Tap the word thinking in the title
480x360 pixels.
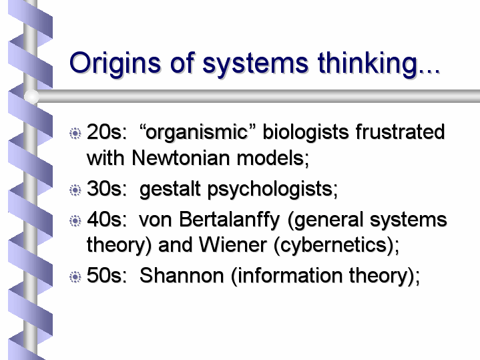pos(368,63)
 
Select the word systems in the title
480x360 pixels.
pos(255,64)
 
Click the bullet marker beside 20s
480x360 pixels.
pos(75,134)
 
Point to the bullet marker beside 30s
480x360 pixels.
pos(75,190)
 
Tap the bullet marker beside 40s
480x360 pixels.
pos(75,220)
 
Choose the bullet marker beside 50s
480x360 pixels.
pos(75,277)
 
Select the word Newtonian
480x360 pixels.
pos(181,158)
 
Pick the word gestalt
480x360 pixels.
pos(170,189)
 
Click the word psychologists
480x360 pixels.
pos(272,189)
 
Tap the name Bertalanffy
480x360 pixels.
pos(229,220)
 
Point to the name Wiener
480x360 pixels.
pos(232,245)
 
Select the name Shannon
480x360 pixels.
pos(182,275)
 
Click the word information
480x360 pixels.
pos(290,275)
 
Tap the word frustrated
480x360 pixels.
pos(400,132)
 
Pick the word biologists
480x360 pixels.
pos(306,133)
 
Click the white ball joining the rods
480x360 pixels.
pos(31,96)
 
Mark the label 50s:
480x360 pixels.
pos(107,275)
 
